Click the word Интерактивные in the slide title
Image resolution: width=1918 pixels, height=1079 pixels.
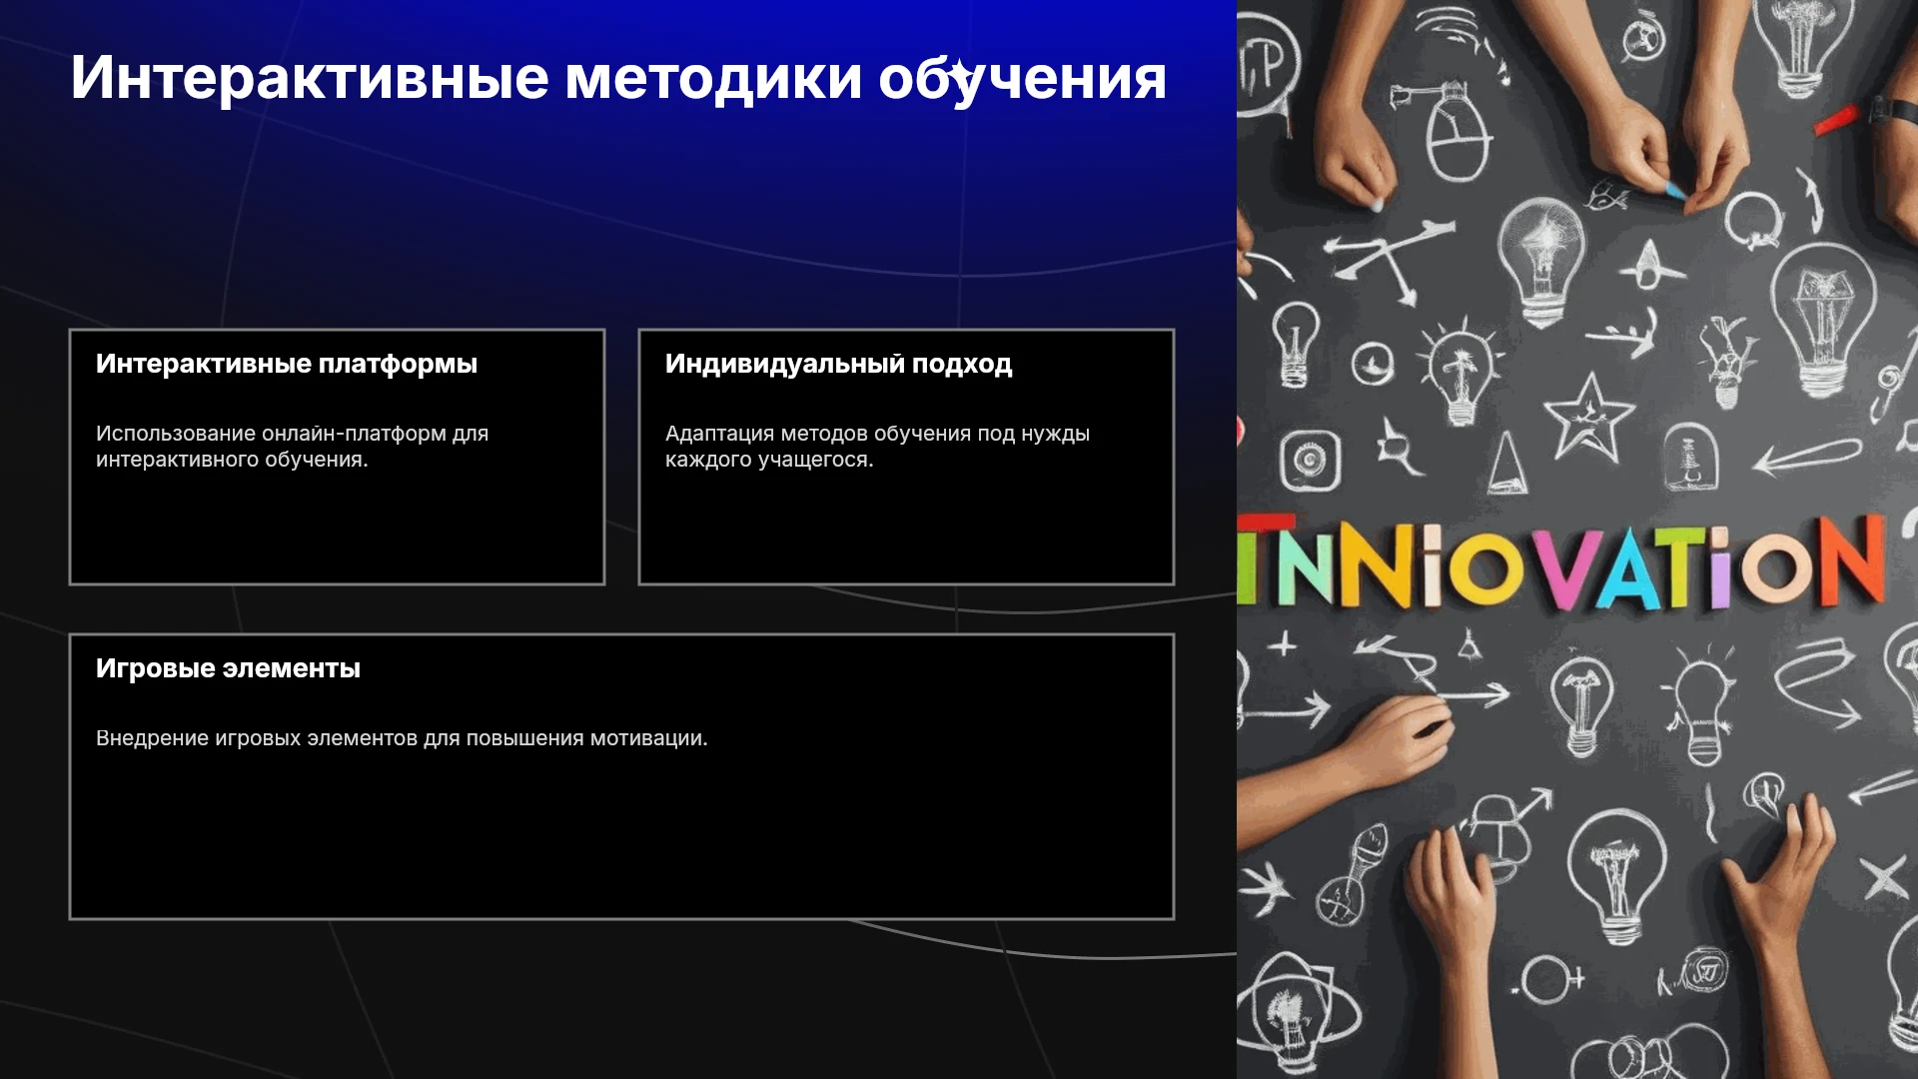310,78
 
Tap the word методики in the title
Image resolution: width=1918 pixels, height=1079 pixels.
713,78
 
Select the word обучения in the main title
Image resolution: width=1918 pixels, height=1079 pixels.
1022,78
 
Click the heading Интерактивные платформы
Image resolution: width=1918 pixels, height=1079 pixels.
287,364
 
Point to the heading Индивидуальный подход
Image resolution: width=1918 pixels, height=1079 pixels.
838,364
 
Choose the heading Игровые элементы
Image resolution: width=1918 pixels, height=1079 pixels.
228,668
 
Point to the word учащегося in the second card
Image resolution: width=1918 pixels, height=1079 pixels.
815,460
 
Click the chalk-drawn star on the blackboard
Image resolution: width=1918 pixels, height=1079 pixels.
1588,417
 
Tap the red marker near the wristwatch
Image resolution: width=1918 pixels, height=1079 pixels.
1836,120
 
